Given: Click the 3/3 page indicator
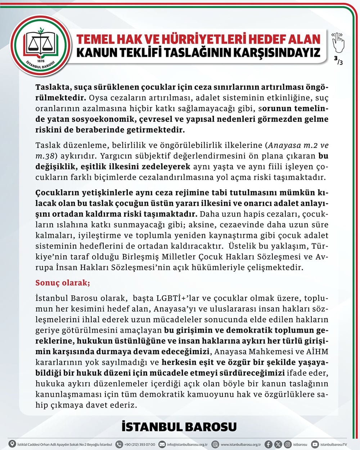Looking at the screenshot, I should [338, 61].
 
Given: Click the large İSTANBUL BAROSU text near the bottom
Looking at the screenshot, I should [179, 427].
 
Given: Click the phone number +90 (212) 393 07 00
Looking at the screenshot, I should [139, 445].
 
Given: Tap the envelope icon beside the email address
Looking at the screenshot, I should [162, 444].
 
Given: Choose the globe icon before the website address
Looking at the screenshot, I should [215, 444].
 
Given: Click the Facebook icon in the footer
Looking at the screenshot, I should [269, 444].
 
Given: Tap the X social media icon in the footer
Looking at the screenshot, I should [278, 444].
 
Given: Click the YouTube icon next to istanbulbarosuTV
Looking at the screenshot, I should [315, 444].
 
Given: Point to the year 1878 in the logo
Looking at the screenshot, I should [40, 61].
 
